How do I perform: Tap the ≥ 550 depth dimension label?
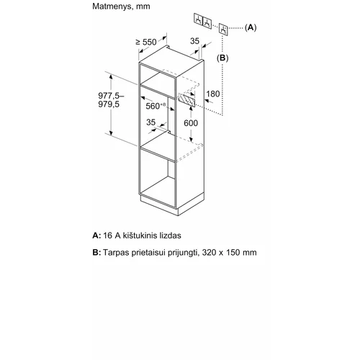(x=146, y=42)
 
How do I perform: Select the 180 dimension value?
(x=213, y=94)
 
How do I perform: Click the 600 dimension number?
(x=191, y=123)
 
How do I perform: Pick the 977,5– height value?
(x=111, y=96)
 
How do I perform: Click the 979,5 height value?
(x=109, y=104)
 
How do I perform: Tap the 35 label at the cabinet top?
(x=194, y=41)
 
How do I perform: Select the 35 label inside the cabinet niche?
(x=150, y=122)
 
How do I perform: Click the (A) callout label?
(x=251, y=27)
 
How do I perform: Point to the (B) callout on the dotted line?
(x=222, y=58)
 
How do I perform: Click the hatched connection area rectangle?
(x=186, y=99)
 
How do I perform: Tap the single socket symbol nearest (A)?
(x=223, y=30)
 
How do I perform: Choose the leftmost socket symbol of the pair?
(x=198, y=19)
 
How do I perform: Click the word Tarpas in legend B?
(x=116, y=253)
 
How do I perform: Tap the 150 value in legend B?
(x=230, y=253)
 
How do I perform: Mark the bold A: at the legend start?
(x=96, y=235)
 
